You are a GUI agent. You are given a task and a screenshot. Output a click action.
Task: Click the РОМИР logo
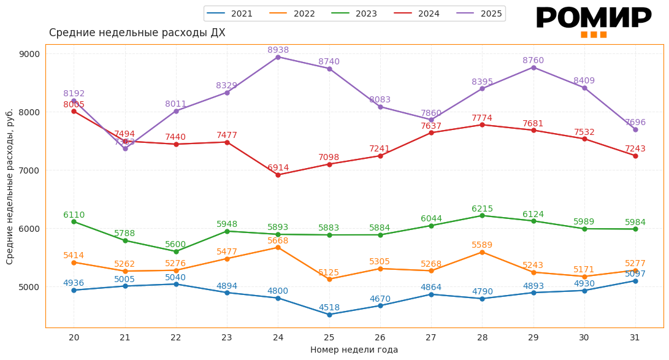click(x=593, y=21)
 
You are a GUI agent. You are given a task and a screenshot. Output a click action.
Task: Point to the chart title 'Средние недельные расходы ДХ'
click(x=137, y=33)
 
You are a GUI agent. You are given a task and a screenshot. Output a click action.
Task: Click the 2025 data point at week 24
click(x=278, y=57)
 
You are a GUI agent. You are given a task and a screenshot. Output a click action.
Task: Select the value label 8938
click(x=278, y=50)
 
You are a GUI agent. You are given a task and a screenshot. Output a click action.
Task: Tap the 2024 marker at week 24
click(x=278, y=175)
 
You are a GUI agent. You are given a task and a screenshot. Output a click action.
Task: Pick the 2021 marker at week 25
click(x=329, y=315)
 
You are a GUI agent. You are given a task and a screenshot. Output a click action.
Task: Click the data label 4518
click(x=329, y=307)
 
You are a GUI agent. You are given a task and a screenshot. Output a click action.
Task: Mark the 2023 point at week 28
click(x=482, y=215)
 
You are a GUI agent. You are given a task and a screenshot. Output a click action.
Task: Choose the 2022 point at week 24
click(x=278, y=247)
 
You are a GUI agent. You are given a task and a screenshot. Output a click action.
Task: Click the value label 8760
click(x=533, y=60)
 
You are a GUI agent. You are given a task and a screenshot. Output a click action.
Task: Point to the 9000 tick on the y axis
click(x=29, y=54)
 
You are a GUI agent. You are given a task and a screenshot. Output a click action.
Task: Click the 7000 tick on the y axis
click(x=29, y=170)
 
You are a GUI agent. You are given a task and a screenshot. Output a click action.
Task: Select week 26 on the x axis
click(x=380, y=337)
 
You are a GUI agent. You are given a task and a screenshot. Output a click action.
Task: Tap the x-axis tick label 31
click(x=635, y=337)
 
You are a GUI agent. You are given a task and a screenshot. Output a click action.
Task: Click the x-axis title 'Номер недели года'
click(x=354, y=350)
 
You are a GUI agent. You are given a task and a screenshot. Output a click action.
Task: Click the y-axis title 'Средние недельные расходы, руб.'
click(x=10, y=186)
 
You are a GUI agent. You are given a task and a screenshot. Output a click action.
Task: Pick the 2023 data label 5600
click(x=176, y=243)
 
